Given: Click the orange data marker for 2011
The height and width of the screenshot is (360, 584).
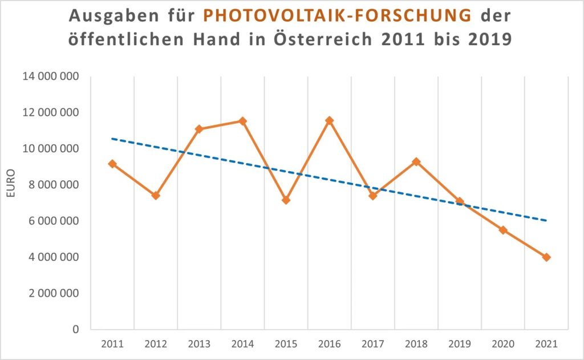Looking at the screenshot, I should tap(112, 164).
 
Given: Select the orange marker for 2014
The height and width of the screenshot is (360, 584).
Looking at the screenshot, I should tap(242, 121).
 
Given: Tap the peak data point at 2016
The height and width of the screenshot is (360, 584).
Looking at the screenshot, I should tap(330, 120).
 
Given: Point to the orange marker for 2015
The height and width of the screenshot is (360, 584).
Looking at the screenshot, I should tap(286, 200).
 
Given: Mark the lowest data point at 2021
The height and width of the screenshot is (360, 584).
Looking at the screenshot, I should tap(546, 257).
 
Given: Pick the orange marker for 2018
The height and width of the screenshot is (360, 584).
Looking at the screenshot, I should tap(416, 161).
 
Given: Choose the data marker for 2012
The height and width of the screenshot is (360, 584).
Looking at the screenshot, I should tap(156, 196).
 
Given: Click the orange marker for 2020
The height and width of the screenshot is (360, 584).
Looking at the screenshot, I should tap(503, 230).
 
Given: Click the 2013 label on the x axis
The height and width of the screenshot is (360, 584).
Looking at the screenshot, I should tap(199, 344).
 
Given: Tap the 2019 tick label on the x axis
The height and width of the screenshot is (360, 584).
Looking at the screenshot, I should tap(460, 344).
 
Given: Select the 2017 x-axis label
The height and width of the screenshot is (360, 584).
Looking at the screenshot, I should tap(373, 344).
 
